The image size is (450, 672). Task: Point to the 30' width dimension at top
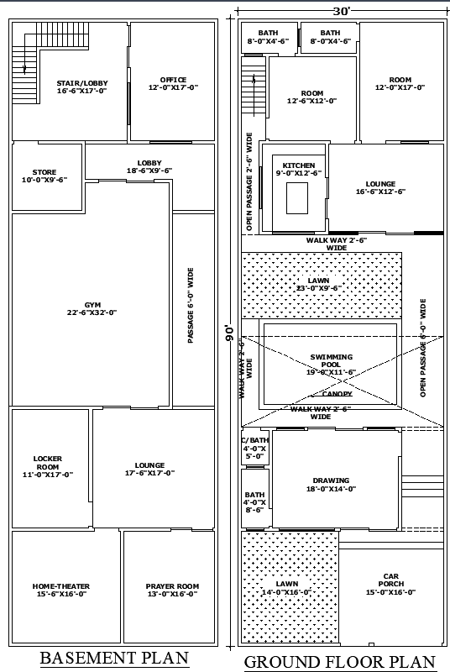(x=341, y=12)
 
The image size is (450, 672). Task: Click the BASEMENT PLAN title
(x=114, y=657)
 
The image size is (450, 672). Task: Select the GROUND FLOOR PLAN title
(x=340, y=662)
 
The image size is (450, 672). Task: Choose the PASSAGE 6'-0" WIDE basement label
(x=191, y=307)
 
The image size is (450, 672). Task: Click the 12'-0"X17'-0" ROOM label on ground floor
(x=400, y=83)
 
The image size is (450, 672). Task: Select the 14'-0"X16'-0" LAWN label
(x=287, y=587)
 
